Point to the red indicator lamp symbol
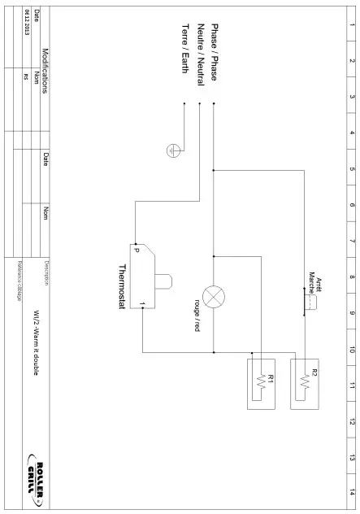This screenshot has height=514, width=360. coord(213,296)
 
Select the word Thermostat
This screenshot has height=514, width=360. coord(123,286)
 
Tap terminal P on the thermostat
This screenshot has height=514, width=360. coord(137,250)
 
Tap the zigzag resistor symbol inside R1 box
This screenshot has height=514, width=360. coord(261,381)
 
